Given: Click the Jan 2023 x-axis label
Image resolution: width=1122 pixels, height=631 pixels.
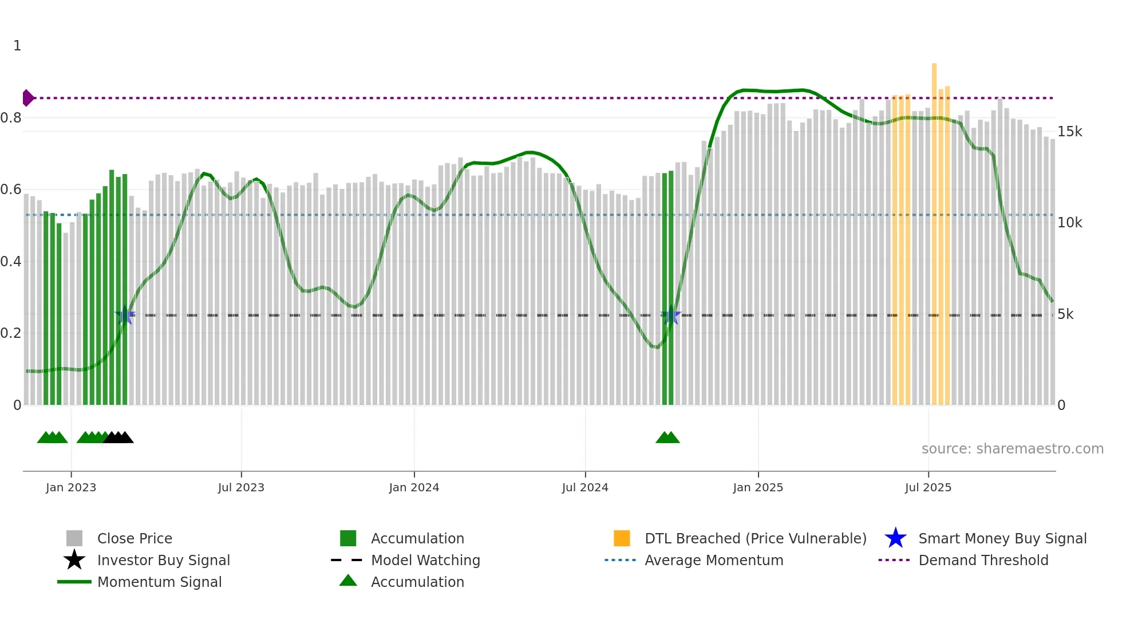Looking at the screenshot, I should [71, 487].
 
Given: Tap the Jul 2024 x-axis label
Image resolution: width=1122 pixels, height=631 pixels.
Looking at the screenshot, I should [585, 487].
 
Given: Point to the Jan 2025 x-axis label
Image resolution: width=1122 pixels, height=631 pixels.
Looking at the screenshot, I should [758, 487].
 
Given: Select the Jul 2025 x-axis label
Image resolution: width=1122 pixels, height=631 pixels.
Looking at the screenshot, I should [928, 487].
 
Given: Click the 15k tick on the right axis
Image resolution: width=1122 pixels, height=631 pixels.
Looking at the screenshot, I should [1069, 132].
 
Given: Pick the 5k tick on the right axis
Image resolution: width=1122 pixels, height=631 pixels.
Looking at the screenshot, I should [1065, 314].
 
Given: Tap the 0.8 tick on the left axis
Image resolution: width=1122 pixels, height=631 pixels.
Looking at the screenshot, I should [11, 118].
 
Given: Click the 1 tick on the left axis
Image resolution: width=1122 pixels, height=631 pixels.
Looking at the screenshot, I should [17, 46].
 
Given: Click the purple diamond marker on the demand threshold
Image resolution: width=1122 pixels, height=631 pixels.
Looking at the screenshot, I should [27, 98].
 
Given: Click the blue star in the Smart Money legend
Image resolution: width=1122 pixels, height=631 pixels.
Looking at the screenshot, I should [895, 538].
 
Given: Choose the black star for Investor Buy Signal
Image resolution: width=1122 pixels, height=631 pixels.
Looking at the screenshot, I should [74, 560].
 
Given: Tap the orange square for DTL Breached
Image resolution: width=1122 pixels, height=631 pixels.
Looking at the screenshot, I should [622, 538].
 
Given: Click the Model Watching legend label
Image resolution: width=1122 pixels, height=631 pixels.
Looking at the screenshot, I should [425, 560].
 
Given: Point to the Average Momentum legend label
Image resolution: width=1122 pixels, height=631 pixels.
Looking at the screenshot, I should [714, 560].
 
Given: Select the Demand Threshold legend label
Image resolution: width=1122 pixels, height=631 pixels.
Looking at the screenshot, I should [983, 560].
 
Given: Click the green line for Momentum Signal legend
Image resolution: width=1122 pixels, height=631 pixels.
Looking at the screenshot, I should [74, 582].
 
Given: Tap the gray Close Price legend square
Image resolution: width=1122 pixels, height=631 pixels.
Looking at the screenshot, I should [74, 538].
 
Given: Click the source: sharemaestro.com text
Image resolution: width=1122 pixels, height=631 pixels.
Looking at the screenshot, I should [1012, 449].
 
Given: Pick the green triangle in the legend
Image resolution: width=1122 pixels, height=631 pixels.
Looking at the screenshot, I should [348, 581].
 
